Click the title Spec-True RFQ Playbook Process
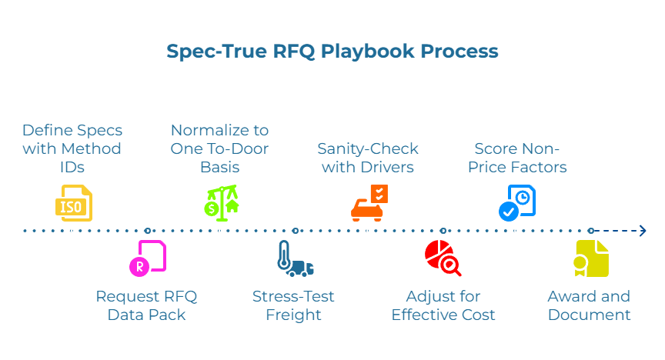(332, 52)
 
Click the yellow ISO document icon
(74, 203)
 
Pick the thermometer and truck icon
(295, 259)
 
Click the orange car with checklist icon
(369, 203)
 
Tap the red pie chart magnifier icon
(443, 258)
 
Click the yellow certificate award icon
(590, 258)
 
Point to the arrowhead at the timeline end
(641, 230)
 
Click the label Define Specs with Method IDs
(72, 148)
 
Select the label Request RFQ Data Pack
(147, 305)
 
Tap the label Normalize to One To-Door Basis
(220, 148)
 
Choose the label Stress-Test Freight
(293, 305)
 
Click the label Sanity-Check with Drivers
(367, 157)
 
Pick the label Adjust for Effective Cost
(443, 305)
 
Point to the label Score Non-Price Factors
(516, 157)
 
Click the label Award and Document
(589, 305)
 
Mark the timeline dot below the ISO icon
(74, 231)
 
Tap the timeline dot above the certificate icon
(591, 231)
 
